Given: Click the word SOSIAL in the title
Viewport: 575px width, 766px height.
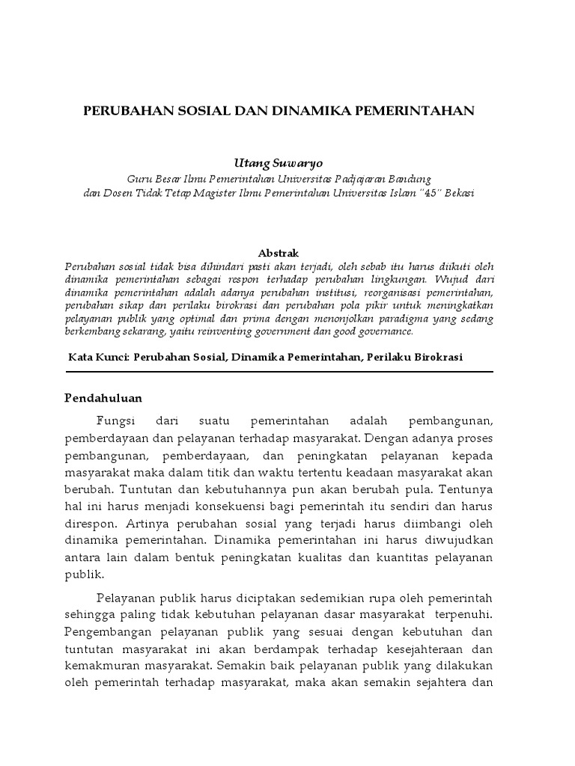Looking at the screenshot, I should click(197, 111).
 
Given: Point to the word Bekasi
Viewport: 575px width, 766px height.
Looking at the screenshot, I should click(457, 193).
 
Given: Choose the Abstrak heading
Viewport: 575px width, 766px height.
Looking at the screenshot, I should click(278, 254).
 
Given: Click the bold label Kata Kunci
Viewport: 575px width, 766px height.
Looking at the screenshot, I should click(97, 358).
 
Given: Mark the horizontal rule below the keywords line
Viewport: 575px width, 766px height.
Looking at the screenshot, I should click(279, 372).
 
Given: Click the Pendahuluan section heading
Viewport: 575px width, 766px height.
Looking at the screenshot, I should click(103, 397).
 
